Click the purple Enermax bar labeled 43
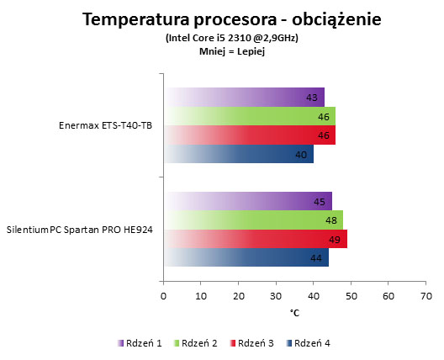(244, 98)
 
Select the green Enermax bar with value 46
(250, 116)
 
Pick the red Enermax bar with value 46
(250, 135)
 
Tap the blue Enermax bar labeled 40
(239, 154)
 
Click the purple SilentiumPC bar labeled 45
(248, 201)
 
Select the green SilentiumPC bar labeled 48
(253, 220)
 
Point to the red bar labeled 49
(256, 239)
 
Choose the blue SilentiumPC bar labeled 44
(246, 257)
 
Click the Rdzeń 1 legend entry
(140, 343)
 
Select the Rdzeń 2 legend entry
(195, 343)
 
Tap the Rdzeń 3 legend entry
(251, 343)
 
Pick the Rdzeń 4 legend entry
(308, 343)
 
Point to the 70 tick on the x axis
(426, 296)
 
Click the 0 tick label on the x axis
(163, 296)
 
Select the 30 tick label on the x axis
(276, 296)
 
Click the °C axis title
(294, 313)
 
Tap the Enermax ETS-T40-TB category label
(105, 125)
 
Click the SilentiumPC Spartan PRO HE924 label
(80, 230)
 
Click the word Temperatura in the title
(136, 19)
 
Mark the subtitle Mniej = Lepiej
(232, 51)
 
